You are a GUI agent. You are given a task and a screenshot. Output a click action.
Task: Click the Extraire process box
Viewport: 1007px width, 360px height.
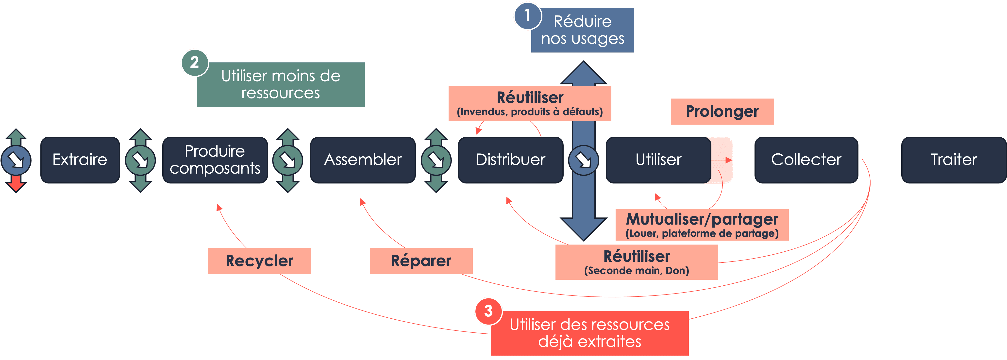pos(80,160)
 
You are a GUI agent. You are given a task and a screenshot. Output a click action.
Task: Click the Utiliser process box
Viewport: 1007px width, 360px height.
pos(658,160)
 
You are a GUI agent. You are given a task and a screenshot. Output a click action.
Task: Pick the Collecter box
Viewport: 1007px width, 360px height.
pos(806,160)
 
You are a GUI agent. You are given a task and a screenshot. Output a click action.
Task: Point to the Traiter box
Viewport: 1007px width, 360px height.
pos(954,160)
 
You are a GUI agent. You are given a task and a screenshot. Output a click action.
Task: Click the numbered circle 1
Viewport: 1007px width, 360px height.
pos(527,16)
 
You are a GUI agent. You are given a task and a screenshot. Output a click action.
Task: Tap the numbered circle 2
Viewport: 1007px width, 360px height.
pos(195,63)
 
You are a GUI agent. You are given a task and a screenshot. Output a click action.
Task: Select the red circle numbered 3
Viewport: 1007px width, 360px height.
pos(488,311)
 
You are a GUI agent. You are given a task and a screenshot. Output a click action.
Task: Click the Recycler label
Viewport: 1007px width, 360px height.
pos(259,261)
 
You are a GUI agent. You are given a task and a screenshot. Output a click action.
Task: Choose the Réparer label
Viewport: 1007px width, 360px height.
pos(421,261)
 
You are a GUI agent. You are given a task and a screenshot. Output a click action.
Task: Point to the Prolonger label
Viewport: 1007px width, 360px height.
pos(722,111)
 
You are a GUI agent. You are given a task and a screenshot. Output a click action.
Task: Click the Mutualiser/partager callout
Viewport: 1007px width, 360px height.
pos(702,225)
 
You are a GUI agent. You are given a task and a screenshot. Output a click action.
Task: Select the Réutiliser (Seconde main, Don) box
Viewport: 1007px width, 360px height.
pos(637,262)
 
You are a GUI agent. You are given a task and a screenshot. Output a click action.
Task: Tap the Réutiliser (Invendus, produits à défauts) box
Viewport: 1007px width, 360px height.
pos(530,103)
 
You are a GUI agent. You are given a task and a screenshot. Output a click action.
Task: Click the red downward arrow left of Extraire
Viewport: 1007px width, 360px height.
pos(16,183)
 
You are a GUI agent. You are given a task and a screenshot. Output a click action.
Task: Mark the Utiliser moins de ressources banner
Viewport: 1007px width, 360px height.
pos(281,85)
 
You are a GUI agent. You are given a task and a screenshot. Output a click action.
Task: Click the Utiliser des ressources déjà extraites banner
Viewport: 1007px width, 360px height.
pos(589,333)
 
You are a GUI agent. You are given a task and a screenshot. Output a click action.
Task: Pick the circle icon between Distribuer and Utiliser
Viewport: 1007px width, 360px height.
pos(584,160)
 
